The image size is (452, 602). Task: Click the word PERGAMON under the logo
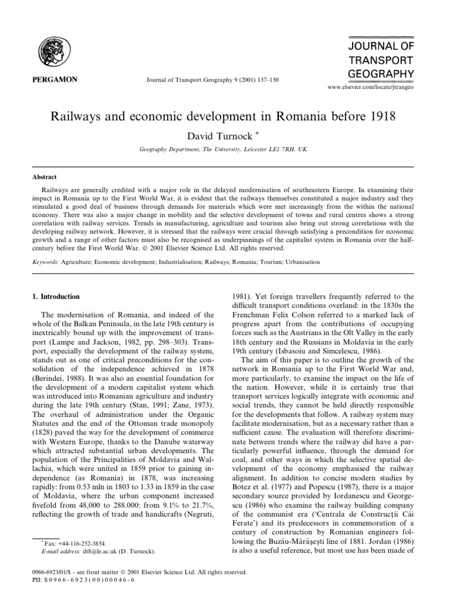(x=54, y=79)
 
